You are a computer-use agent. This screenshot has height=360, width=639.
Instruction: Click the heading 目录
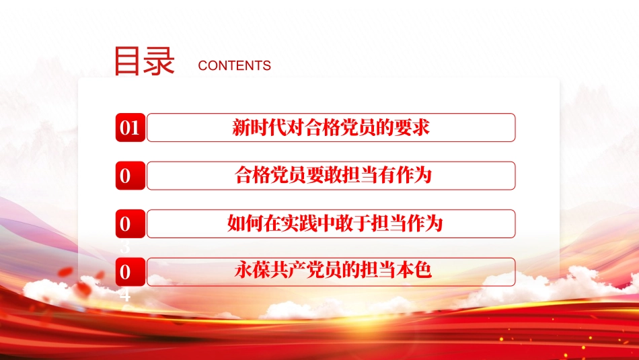(144, 61)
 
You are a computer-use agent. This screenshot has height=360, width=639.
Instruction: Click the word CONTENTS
(235, 66)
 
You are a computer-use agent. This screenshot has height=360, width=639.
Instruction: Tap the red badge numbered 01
(129, 128)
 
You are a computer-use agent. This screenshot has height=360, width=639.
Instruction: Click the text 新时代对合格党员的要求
(331, 128)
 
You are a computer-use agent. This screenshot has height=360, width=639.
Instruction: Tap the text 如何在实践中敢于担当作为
(335, 223)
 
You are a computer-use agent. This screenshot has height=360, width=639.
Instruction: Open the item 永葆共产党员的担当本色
(332, 271)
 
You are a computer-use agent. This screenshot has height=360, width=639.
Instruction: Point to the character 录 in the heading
(159, 61)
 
